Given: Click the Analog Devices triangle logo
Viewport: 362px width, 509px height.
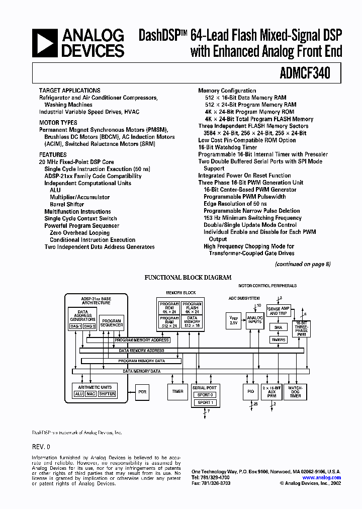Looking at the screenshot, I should pyautogui.click(x=44, y=43).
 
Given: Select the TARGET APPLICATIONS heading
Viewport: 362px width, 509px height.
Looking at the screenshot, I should pyautogui.click(x=69, y=91).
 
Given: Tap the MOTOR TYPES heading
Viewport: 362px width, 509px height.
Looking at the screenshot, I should pyautogui.click(x=58, y=123).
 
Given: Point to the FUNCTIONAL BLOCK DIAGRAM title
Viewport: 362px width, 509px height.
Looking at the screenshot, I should pyautogui.click(x=188, y=278).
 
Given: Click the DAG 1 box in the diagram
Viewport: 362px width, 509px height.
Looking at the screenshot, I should pyautogui.click(x=75, y=326).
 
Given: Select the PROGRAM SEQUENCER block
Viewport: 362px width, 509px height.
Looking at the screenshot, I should pyautogui.click(x=112, y=323).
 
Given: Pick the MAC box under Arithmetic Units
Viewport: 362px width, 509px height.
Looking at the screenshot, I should pyautogui.click(x=90, y=394).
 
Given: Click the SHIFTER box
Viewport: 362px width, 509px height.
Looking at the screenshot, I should pyautogui.click(x=107, y=394).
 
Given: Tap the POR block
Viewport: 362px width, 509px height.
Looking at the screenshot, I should pyautogui.click(x=142, y=391).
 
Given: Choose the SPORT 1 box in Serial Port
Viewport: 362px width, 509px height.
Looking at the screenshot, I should pyautogui.click(x=205, y=403).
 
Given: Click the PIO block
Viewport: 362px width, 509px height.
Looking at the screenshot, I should pyautogui.click(x=251, y=392).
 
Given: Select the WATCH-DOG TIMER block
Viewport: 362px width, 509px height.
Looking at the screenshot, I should pyautogui.click(x=295, y=392).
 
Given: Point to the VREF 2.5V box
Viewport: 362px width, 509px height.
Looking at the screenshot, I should pyautogui.click(x=234, y=320).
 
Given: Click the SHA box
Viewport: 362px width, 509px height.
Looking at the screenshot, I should pyautogui.click(x=278, y=327).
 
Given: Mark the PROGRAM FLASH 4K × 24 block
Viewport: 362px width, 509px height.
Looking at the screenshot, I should pyautogui.click(x=192, y=308).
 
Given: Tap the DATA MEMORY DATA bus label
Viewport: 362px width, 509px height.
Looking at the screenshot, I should pyautogui.click(x=142, y=371).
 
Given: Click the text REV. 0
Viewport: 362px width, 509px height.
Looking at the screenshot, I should pyautogui.click(x=41, y=447).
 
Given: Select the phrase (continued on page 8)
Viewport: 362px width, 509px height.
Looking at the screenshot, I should pyautogui.click(x=303, y=264).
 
